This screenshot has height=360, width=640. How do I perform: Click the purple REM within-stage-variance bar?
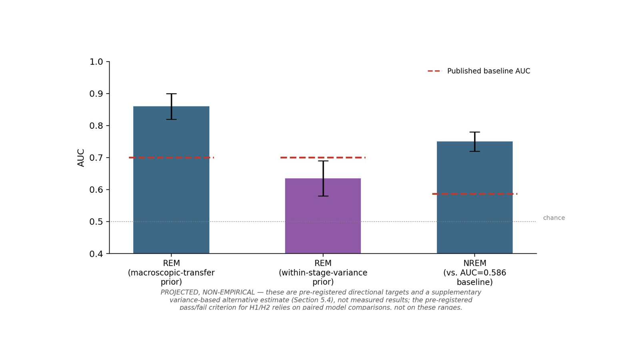point(323,216)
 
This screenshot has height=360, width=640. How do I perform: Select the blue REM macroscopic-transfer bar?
point(171,180)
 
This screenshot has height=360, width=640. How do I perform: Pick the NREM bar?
point(474,197)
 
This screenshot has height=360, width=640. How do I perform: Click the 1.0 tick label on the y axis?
point(96,62)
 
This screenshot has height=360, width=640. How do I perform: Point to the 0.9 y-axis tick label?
point(96,94)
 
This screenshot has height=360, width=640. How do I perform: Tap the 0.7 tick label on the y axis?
point(96,158)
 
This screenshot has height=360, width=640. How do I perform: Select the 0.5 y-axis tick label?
point(96,222)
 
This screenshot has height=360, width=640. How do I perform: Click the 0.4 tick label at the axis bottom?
point(96,254)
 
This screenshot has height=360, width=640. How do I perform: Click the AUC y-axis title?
point(81,158)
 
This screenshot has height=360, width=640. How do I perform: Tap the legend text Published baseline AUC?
point(488,71)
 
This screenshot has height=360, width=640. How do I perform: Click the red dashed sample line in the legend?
point(434,71)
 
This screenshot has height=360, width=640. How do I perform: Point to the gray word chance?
point(554,218)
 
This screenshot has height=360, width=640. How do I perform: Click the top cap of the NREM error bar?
point(474,132)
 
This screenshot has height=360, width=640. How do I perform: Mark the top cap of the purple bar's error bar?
point(323,161)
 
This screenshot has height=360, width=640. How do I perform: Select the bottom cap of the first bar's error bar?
point(172,119)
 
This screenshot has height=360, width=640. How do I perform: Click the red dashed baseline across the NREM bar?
point(474,194)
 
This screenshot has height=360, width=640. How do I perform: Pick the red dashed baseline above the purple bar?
point(323,158)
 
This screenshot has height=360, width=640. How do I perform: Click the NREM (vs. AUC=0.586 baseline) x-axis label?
point(474,272)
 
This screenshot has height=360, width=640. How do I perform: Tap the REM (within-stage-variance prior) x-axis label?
point(323,272)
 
